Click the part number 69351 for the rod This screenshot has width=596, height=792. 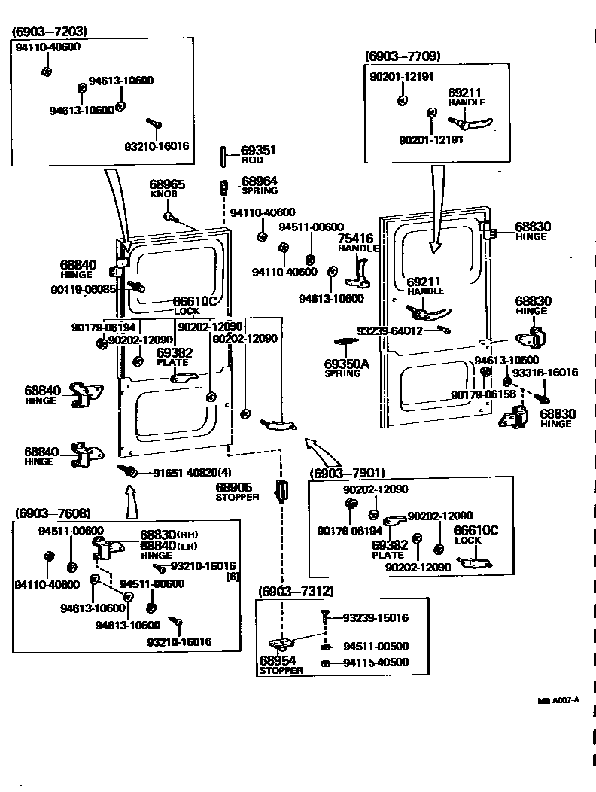258,151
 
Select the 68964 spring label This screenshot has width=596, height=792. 259,181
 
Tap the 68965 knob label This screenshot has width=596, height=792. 166,184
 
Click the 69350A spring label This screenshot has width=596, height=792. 347,364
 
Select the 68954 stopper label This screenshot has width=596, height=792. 275,660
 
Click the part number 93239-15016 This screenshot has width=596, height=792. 376,618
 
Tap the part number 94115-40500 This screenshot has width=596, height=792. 376,663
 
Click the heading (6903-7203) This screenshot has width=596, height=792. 50,32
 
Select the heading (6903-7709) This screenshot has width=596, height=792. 403,56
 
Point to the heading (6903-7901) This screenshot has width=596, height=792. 347,473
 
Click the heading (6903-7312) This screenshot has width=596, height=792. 296,591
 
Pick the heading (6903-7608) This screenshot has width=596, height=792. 53,513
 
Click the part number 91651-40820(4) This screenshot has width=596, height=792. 192,473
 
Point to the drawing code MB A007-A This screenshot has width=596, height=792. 558,700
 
